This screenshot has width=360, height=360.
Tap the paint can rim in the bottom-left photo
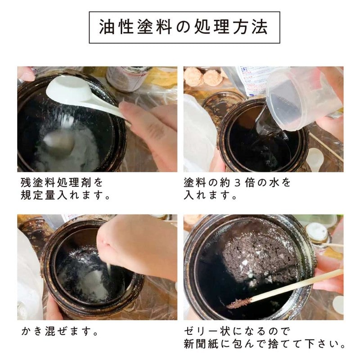(90, 225)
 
